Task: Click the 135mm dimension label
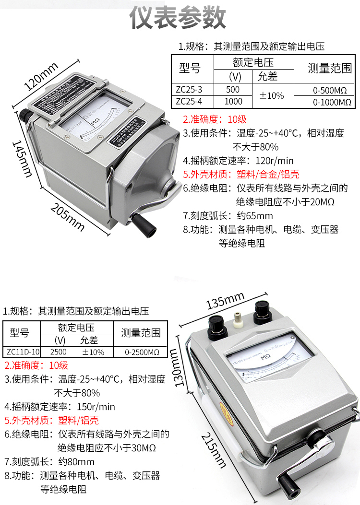pos(226,302)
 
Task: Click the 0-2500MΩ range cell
pos(142,352)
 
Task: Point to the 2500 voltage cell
pos(58,352)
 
